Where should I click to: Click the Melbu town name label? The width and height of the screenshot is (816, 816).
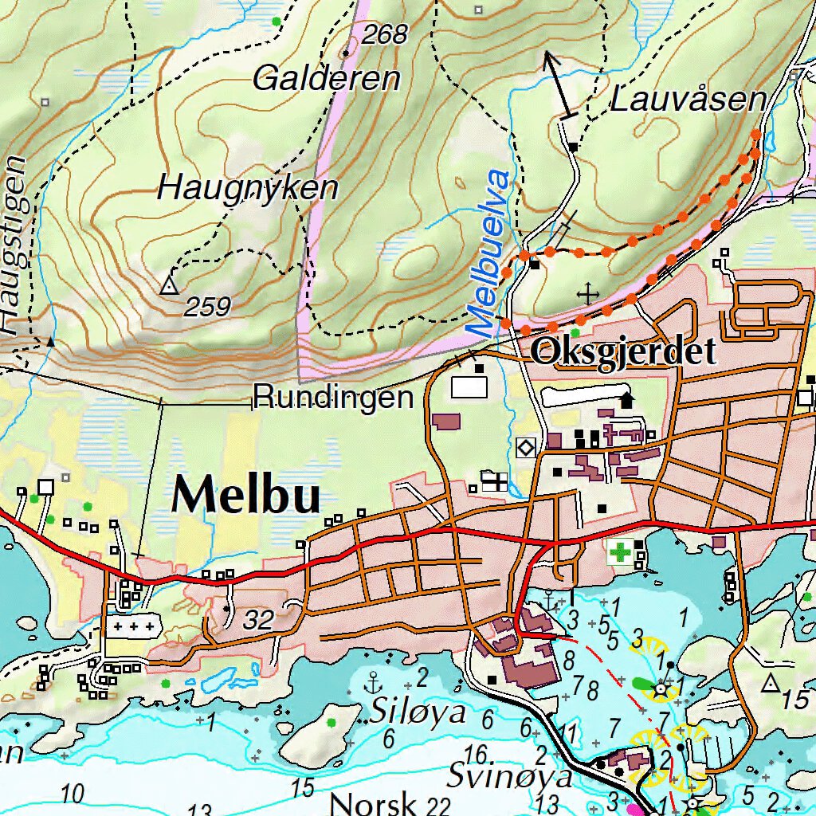246,496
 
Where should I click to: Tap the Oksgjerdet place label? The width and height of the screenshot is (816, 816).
624,351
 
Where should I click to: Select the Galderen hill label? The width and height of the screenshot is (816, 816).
326,79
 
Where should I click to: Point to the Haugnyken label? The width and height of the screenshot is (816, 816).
248,189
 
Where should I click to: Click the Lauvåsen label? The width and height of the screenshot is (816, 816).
688,100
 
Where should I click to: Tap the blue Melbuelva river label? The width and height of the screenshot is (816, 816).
489,253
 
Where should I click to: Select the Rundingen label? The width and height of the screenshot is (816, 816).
334,397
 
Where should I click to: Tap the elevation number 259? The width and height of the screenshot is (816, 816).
207,307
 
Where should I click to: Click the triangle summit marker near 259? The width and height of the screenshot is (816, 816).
168,285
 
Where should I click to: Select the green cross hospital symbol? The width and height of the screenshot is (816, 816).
619,551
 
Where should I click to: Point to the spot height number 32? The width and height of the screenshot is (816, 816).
258,620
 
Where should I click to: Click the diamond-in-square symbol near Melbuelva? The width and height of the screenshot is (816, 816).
526,448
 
